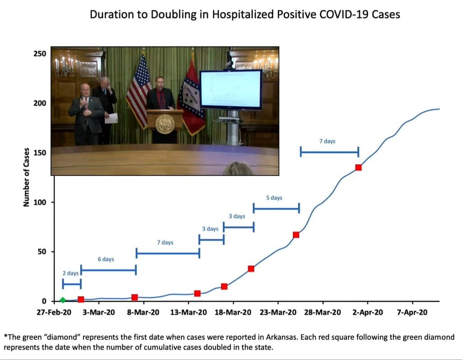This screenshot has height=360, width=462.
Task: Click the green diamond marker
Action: point(63,300)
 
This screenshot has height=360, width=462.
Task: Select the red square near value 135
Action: point(358,167)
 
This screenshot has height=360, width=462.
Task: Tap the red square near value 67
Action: point(296,235)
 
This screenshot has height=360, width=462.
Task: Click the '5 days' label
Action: point(274,198)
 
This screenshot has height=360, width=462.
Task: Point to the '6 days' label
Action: point(106,259)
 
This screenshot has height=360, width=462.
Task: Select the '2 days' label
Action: point(70,273)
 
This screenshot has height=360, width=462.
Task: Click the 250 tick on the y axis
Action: point(40,54)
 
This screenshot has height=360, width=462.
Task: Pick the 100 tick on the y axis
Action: point(40,202)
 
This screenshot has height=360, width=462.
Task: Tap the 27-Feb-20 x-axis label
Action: point(54,313)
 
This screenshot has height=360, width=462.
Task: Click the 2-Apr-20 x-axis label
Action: point(368,313)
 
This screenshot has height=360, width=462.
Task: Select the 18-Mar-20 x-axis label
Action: point(233,313)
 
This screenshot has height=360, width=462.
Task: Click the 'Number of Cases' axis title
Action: point(27,177)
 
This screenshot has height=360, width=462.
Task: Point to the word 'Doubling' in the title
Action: point(157,14)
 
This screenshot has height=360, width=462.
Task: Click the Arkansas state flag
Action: point(190,97)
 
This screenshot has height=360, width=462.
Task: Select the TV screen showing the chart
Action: point(231,89)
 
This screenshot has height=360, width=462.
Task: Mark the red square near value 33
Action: point(251,268)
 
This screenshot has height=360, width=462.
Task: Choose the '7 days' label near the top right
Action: point(327,141)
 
